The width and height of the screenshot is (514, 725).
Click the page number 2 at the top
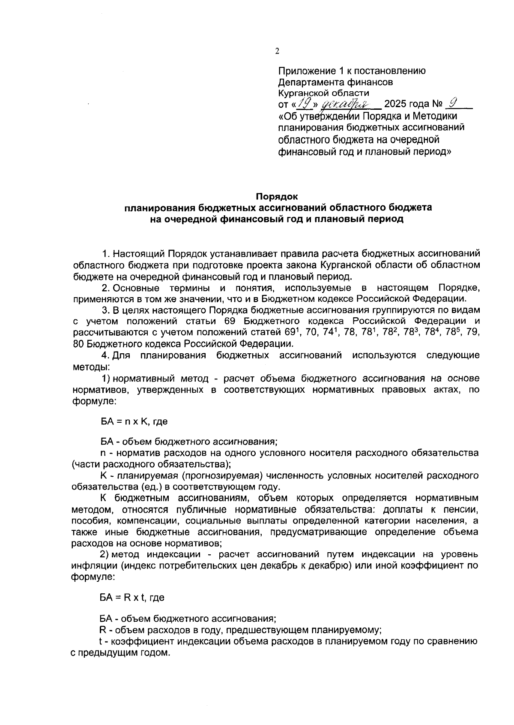pos(277,51)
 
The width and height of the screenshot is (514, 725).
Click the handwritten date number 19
pos(304,104)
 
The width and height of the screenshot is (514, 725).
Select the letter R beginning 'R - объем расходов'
pos(102,631)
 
